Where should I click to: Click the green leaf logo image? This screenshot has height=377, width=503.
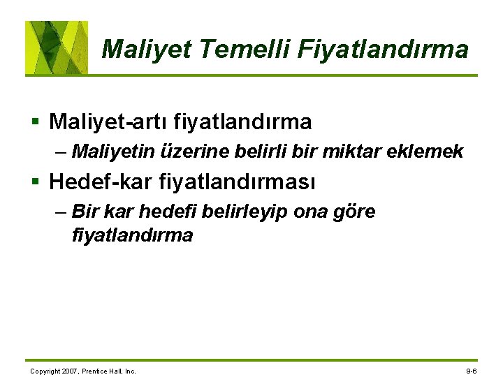click(x=57, y=47)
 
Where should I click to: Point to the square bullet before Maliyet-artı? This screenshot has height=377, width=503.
click(x=36, y=123)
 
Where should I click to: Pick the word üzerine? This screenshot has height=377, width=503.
click(x=191, y=151)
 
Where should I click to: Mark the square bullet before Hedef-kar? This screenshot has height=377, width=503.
click(x=36, y=183)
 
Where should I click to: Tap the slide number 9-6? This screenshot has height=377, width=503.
click(x=471, y=371)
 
